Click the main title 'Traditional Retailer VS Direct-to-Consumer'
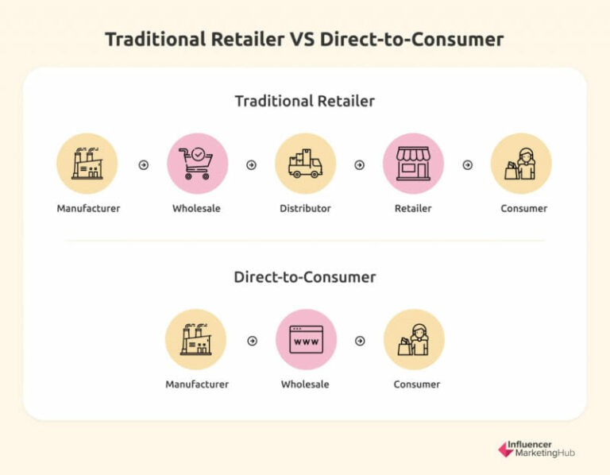pos(304,40)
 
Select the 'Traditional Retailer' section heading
pos(304,101)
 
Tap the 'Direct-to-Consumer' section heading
pos(304,277)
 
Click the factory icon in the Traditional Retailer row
pos(87,164)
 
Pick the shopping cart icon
pos(197,164)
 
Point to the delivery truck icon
pos(305,164)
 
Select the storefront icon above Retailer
pos(413,164)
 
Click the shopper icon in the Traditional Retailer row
pos(521,164)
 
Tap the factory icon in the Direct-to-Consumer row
pos(195,339)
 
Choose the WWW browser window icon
pos(306,339)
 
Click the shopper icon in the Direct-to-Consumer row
pos(414,339)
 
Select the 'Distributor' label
pos(305,208)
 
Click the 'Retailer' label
pos(413,208)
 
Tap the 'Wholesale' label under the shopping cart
pos(196,208)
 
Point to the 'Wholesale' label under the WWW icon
pos(305,384)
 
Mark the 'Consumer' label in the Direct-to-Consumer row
pos(416,384)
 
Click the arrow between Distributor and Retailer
pos(359,165)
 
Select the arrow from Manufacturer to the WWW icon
pos(252,341)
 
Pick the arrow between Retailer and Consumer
pos(467,165)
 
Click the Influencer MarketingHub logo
pos(536,449)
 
